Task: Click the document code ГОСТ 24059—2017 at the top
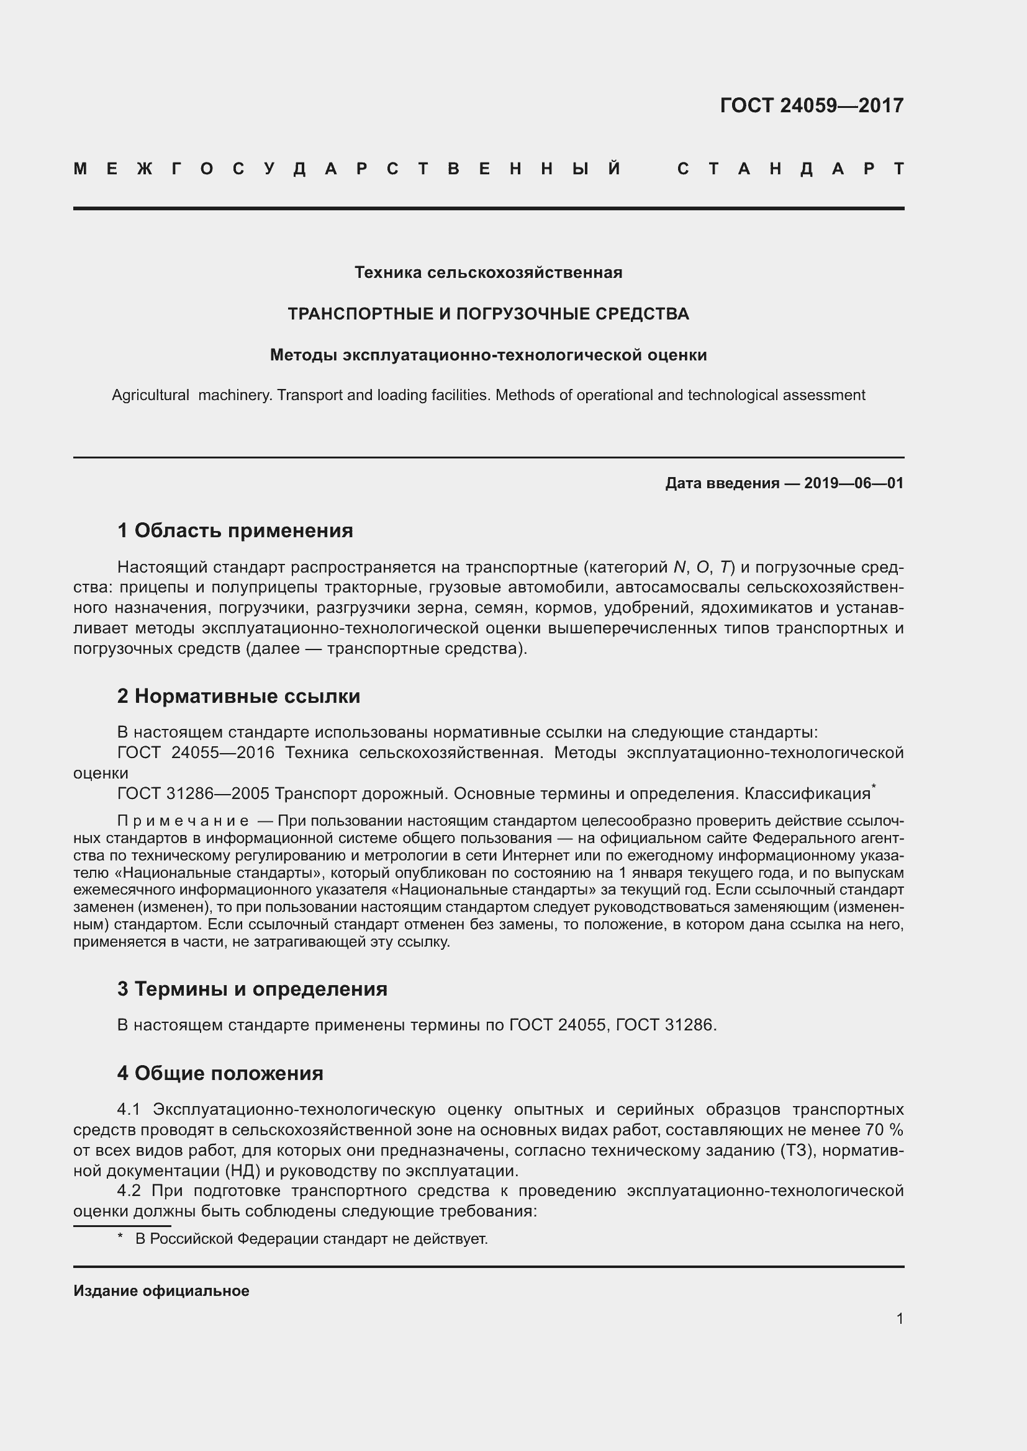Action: [812, 105]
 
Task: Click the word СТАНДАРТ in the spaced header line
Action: [790, 169]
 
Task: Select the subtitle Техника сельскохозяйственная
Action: [488, 272]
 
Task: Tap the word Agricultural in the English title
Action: [150, 396]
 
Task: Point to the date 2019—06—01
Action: [854, 483]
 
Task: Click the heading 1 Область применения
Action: [235, 530]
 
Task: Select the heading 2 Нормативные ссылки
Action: [238, 696]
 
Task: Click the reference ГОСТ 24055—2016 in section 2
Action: [196, 752]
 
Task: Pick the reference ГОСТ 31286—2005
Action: [194, 793]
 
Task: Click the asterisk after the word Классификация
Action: [874, 787]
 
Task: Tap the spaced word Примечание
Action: [183, 821]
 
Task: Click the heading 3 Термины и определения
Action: [252, 988]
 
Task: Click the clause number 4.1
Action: [132, 1110]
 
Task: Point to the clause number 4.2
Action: [132, 1190]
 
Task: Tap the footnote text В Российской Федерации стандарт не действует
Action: [311, 1239]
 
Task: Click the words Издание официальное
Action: [161, 1291]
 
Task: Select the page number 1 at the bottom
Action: [899, 1318]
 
